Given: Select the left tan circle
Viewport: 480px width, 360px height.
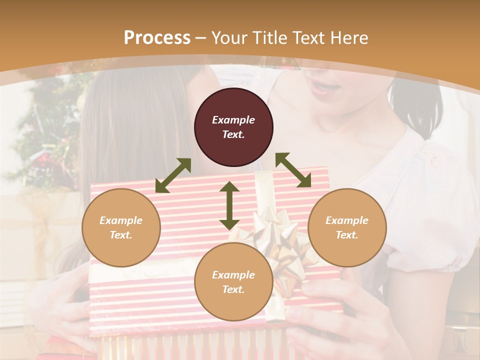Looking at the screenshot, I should pos(121,227).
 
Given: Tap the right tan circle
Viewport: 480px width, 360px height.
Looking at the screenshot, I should pos(347,227).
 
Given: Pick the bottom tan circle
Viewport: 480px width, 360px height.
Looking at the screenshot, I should pos(233,282).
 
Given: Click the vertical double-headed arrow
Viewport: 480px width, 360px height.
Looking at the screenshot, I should pos(229,205).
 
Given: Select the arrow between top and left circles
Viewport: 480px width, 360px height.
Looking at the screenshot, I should pos(173,175).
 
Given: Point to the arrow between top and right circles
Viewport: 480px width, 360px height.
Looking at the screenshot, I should pos(293,170).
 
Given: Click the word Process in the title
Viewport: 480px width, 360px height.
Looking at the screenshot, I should pos(157,38).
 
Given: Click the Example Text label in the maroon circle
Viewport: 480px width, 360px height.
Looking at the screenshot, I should pos(233,127).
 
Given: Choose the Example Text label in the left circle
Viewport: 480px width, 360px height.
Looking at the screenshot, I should pos(121,227).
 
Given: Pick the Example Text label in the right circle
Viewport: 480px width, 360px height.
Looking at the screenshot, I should pos(347,227).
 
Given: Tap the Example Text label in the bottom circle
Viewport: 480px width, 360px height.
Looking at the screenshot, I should pos(233,282).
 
